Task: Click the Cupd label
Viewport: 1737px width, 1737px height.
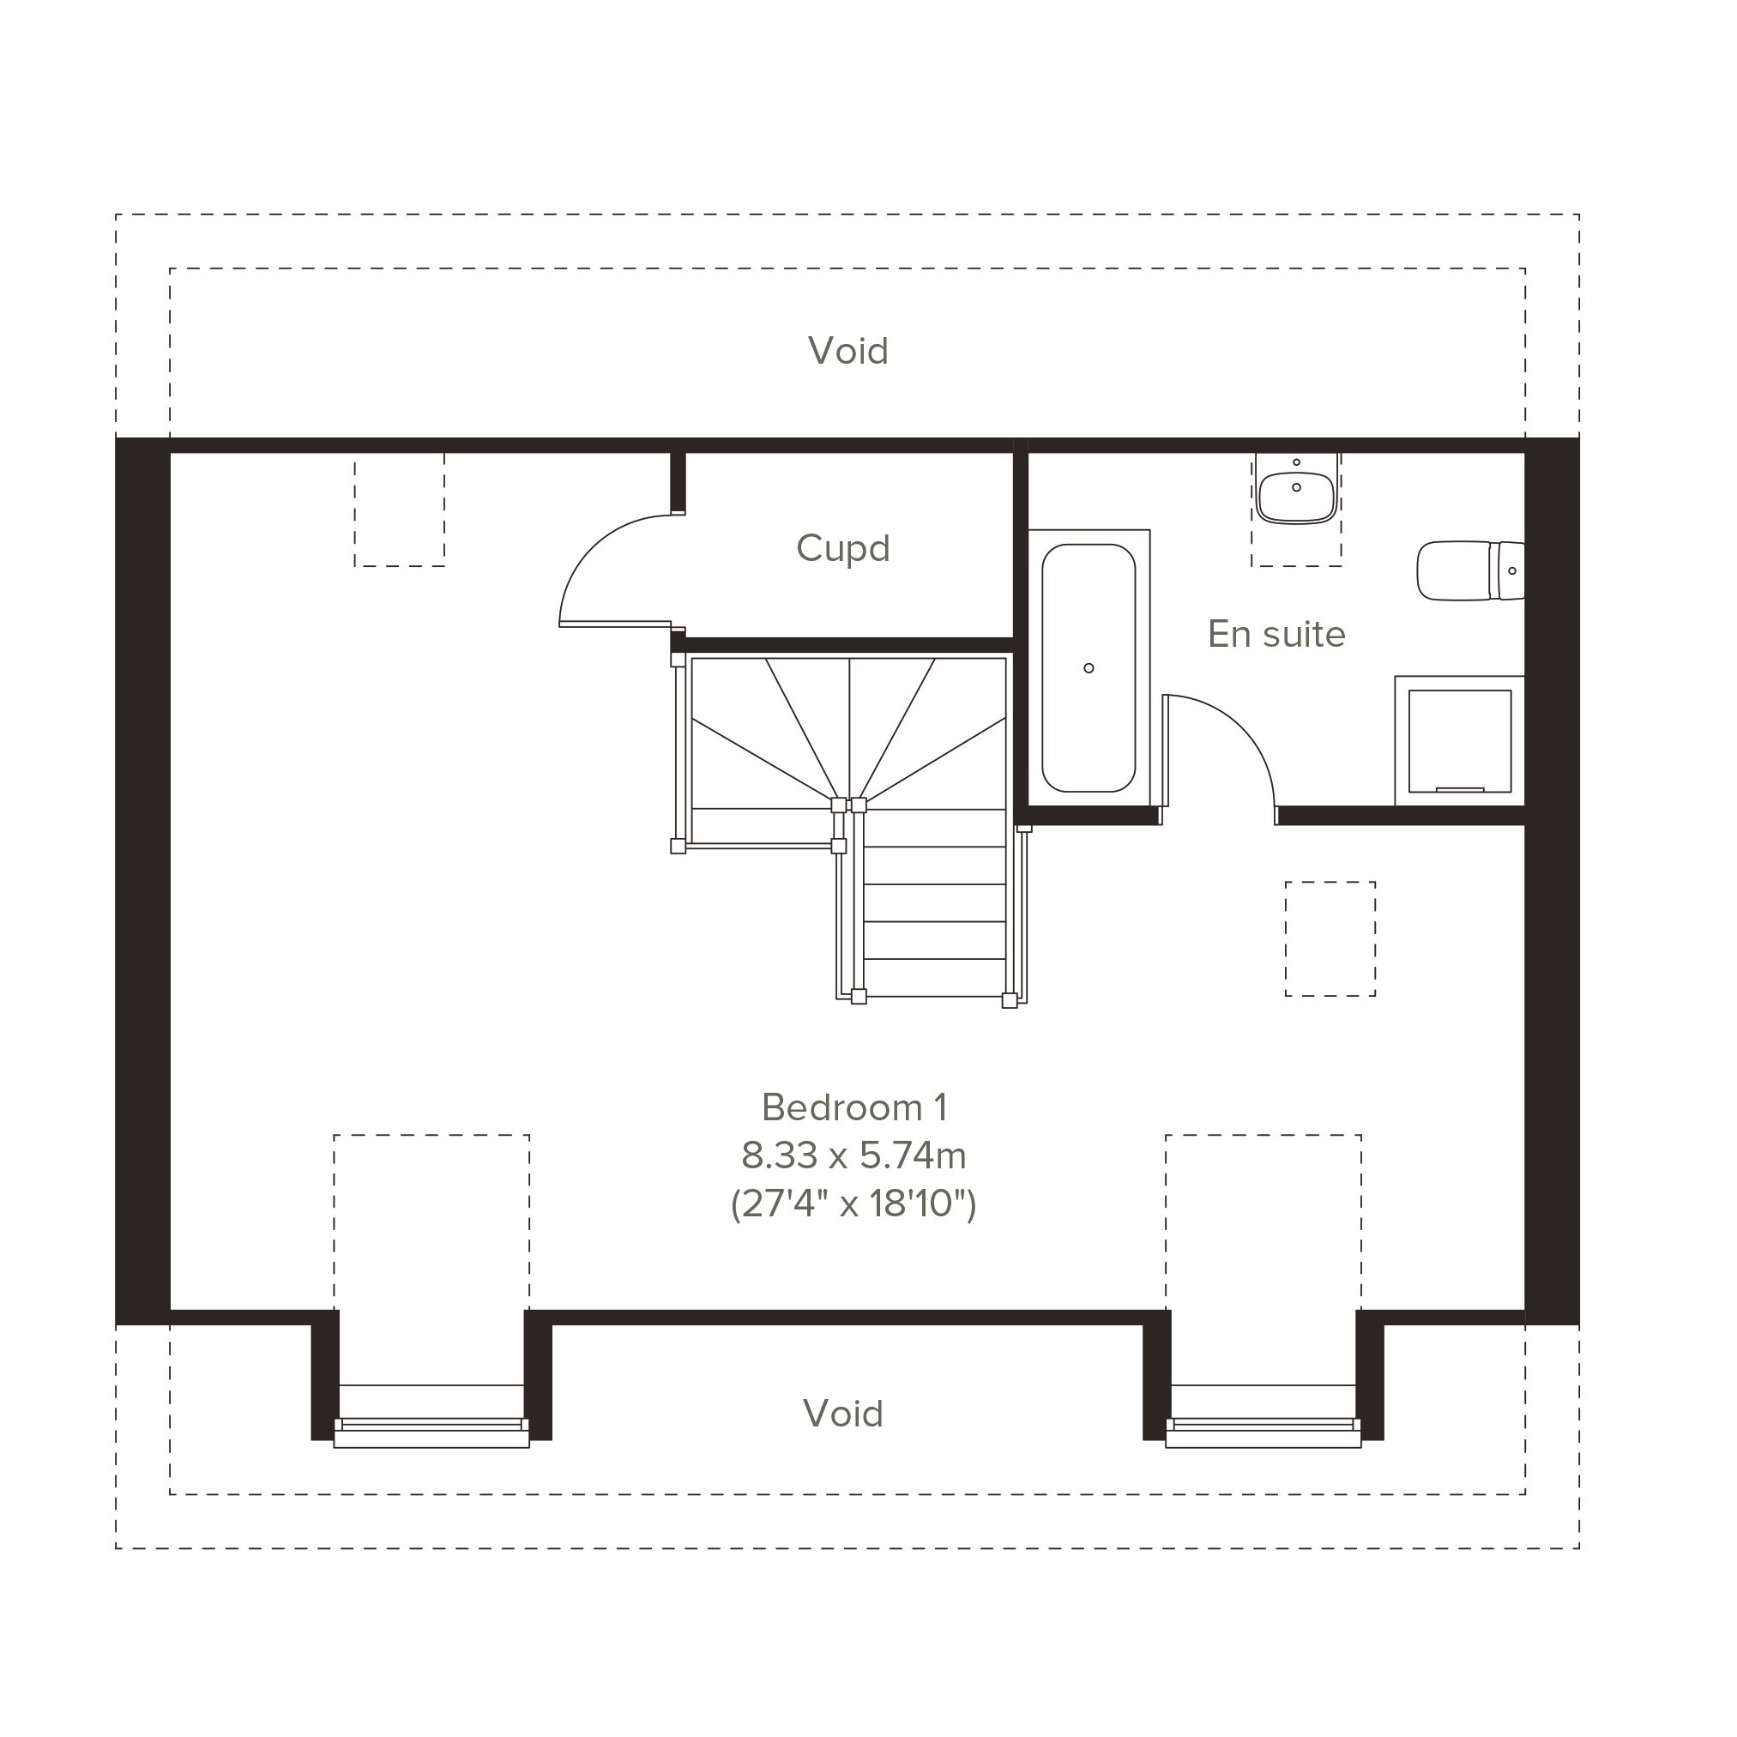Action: tap(842, 548)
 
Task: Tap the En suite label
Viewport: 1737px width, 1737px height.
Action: tap(1276, 635)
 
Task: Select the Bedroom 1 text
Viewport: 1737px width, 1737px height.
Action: tap(854, 1107)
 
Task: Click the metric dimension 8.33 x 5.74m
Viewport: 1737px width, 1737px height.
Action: tap(854, 1156)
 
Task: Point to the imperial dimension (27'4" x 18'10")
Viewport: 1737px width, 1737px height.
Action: tap(854, 1203)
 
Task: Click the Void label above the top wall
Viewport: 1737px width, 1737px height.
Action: tap(847, 351)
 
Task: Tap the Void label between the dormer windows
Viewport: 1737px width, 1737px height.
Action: tap(842, 1414)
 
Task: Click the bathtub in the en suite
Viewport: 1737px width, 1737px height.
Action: tap(1089, 668)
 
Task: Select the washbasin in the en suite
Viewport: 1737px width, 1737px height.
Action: tap(1296, 490)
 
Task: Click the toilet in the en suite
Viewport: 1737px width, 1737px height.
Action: tap(1471, 571)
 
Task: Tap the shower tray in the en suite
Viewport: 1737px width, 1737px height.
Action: tap(1460, 741)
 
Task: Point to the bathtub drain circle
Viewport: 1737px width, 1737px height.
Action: tap(1089, 668)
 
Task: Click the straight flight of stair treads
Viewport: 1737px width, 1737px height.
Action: tap(934, 902)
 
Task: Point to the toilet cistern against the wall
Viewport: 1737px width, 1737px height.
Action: tap(1508, 571)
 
